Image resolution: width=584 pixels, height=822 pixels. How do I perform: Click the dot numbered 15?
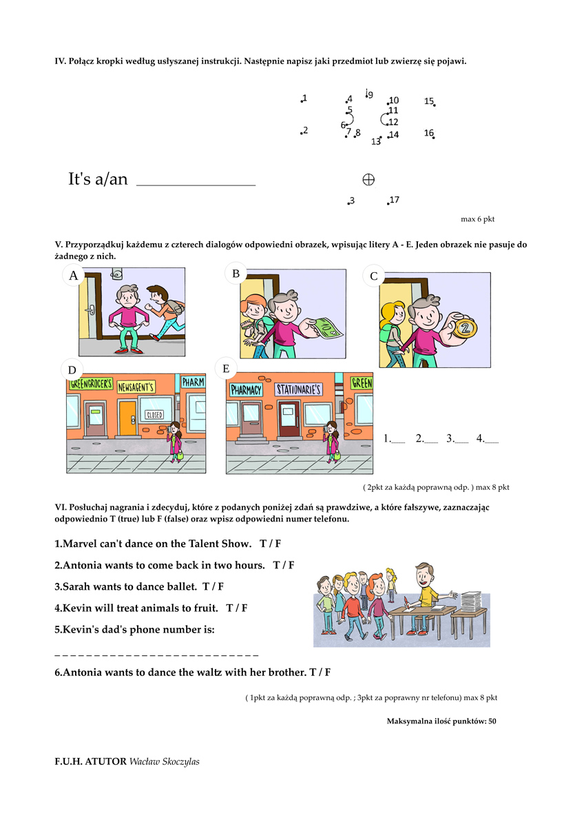tap(434, 105)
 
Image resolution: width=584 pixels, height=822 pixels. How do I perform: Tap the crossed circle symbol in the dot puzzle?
tap(368, 180)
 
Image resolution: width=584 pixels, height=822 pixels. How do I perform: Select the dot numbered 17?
tap(388, 203)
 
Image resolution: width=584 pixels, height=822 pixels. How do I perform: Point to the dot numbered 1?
tap(302, 101)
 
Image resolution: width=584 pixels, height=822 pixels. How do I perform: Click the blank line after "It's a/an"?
tap(196, 183)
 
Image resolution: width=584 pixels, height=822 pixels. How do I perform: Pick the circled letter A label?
tap(73, 276)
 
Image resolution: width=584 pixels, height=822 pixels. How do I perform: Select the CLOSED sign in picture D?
tap(154, 415)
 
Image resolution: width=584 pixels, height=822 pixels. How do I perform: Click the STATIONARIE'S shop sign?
tap(299, 390)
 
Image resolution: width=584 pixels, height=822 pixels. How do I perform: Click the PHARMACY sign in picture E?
tap(247, 390)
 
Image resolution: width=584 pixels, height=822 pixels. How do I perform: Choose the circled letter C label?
tap(374, 276)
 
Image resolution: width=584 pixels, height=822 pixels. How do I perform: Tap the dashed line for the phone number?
tap(156, 653)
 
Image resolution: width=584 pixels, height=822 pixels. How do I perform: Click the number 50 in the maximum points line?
tap(491, 721)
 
